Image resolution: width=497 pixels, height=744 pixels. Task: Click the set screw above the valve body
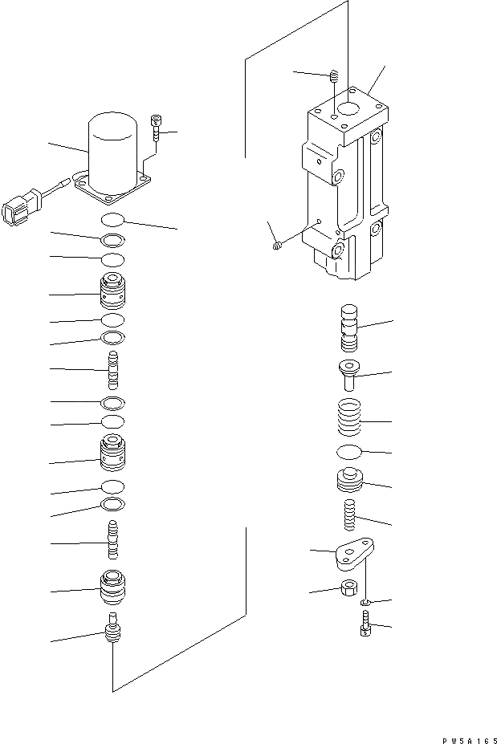[333, 78]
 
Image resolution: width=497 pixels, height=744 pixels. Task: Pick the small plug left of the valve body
[276, 246]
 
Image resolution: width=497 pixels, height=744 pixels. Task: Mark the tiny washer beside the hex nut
[366, 602]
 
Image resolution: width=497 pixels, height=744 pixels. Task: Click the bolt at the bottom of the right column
[366, 625]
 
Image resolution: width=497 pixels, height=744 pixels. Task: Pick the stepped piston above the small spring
[349, 482]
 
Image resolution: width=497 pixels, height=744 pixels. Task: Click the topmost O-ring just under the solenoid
[113, 220]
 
